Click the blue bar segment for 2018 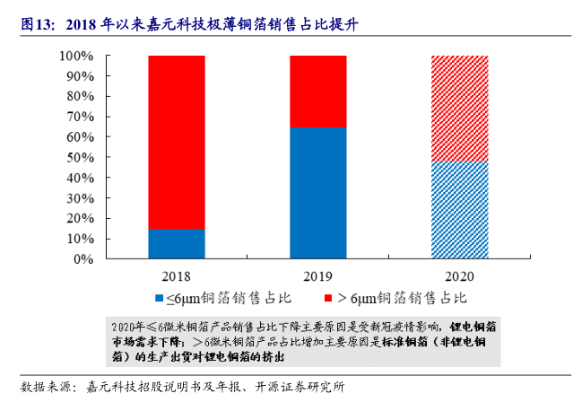pyautogui.click(x=176, y=243)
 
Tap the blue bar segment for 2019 pyautogui.click(x=318, y=192)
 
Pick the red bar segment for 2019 pyautogui.click(x=318, y=91)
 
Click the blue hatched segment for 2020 pyautogui.click(x=460, y=209)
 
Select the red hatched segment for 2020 pyautogui.click(x=460, y=108)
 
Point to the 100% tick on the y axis pyautogui.click(x=75, y=57)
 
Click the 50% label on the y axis pyautogui.click(x=79, y=158)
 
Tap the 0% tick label pyautogui.click(x=83, y=259)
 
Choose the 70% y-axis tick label pyautogui.click(x=79, y=118)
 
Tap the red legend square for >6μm pyautogui.click(x=328, y=297)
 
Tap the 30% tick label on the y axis pyautogui.click(x=79, y=198)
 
